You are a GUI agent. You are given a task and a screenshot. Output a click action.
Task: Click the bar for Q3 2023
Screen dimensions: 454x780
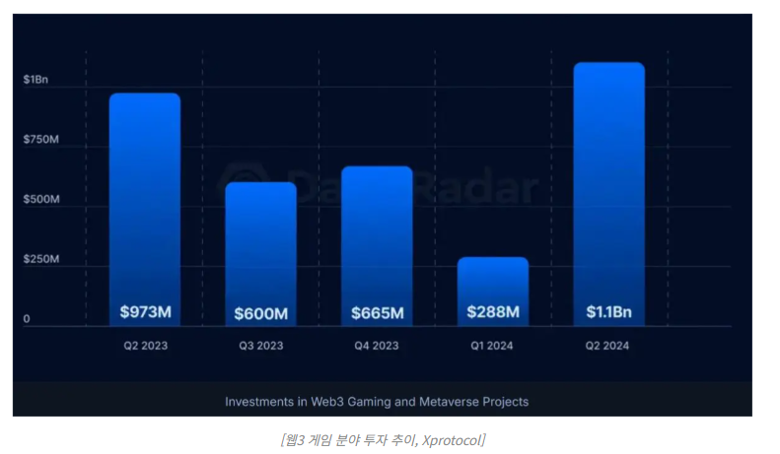pyautogui.click(x=260, y=241)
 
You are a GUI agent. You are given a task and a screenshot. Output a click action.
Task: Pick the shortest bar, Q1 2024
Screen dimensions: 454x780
pyautogui.click(x=493, y=281)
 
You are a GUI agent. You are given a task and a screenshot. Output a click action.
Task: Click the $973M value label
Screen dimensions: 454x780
pyautogui.click(x=145, y=312)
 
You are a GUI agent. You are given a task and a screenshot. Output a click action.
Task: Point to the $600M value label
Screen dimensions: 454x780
pyautogui.click(x=260, y=314)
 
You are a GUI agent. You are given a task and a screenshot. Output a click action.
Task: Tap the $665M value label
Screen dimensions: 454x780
pyautogui.click(x=377, y=313)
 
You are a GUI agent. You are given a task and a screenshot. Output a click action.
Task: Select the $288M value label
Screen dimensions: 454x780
pyautogui.click(x=493, y=312)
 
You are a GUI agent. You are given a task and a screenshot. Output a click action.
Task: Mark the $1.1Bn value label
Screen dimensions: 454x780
pyautogui.click(x=608, y=312)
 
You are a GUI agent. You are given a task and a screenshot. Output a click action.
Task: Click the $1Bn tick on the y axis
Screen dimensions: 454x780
pyautogui.click(x=35, y=79)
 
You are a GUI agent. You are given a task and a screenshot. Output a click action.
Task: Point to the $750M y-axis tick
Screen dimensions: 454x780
pyautogui.click(x=41, y=140)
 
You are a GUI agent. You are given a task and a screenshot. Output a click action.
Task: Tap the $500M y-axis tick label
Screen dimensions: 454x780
pyautogui.click(x=41, y=200)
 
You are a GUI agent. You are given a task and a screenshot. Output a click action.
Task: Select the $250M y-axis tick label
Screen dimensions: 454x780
pyautogui.click(x=41, y=260)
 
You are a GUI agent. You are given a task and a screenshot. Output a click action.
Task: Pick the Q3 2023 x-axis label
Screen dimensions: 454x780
pyautogui.click(x=260, y=346)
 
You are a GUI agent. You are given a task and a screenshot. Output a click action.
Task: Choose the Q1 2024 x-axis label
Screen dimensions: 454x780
pyautogui.click(x=493, y=346)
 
